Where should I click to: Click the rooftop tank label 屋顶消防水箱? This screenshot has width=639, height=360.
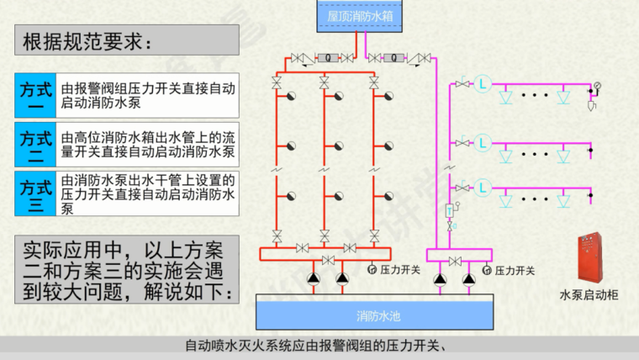(360, 16)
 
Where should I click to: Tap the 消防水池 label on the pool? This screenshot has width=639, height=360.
(378, 316)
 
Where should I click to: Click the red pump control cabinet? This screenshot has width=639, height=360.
(589, 257)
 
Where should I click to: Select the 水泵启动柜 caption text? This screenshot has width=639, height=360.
(589, 294)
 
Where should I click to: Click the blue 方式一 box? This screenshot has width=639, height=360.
(35, 95)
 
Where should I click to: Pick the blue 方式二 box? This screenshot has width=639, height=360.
(35, 145)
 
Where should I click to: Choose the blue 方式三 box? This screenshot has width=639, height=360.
(35, 193)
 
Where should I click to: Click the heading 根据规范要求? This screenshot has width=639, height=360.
(87, 41)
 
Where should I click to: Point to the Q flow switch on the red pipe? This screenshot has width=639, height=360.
(328, 58)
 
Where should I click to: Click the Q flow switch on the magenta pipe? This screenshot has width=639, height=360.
(393, 58)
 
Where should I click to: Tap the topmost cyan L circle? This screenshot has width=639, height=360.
(483, 84)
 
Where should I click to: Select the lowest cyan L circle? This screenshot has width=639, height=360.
(483, 188)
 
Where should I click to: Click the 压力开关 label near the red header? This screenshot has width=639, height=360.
(399, 269)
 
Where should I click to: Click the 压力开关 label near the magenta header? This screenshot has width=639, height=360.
(515, 270)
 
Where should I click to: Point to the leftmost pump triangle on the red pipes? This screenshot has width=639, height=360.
(314, 278)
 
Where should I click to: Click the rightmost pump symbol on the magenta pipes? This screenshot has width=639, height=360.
(469, 279)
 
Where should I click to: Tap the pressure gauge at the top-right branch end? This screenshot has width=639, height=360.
(598, 86)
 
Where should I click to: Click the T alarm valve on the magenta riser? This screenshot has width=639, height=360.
(450, 211)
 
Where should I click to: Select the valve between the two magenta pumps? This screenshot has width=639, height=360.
(455, 261)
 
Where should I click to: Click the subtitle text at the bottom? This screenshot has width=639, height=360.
(317, 346)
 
